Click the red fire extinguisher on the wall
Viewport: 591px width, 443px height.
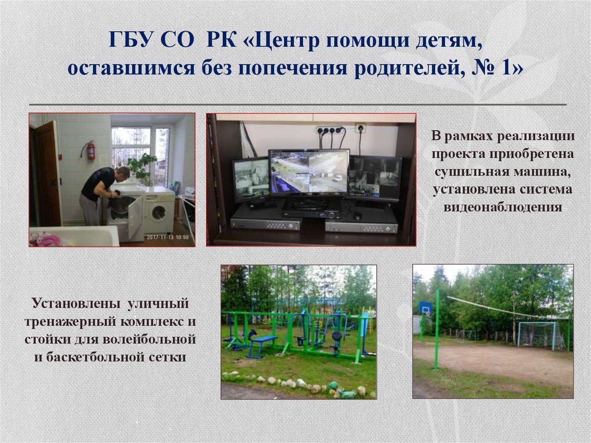[x=91, y=151]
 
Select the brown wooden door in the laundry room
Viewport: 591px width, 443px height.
[x=48, y=173]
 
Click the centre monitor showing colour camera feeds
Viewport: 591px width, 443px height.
[x=309, y=172]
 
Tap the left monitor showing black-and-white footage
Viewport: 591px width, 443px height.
[x=250, y=179]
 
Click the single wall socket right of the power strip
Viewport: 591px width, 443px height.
[x=360, y=128]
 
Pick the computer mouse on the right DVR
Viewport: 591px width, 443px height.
[x=358, y=216]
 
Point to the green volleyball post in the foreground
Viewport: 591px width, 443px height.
[x=437, y=329]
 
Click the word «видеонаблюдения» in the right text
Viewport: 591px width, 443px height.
[x=502, y=207]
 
